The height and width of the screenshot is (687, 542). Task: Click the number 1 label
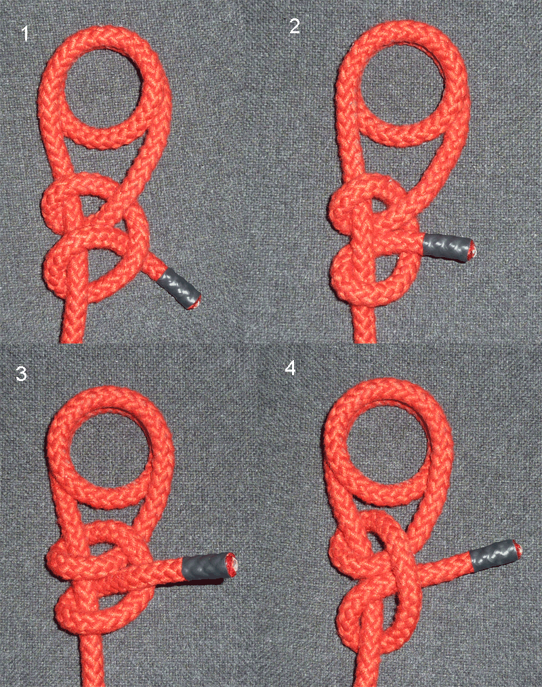coord(25,34)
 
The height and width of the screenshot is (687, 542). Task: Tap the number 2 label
coord(295,26)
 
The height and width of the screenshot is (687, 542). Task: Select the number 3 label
coord(22,373)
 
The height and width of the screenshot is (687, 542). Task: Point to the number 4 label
coord(290,369)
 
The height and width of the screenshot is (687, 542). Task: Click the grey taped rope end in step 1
coord(179,288)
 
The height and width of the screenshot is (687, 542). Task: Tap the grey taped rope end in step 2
coord(449,248)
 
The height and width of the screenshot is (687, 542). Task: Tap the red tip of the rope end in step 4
coord(518,549)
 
